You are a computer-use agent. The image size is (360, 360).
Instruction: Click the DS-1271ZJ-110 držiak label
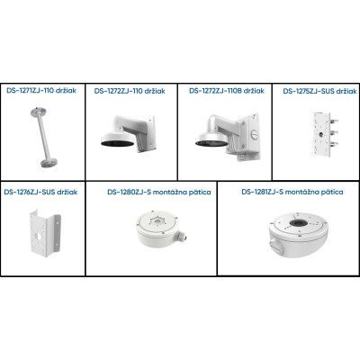tap(41, 90)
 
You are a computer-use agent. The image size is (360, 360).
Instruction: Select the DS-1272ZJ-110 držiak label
tap(130, 91)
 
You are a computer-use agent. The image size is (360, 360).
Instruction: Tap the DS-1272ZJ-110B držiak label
tap(227, 91)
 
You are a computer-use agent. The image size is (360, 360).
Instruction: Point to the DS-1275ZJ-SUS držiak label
tap(320, 91)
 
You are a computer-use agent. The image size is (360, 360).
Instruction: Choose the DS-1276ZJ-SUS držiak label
tap(40, 192)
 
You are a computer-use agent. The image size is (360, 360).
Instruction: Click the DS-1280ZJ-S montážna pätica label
tap(159, 192)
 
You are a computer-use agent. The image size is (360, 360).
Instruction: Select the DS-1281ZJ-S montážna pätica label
tap(292, 192)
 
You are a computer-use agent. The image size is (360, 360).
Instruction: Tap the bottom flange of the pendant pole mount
tap(48, 163)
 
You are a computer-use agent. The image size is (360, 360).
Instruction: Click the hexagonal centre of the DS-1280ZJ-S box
tap(157, 222)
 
